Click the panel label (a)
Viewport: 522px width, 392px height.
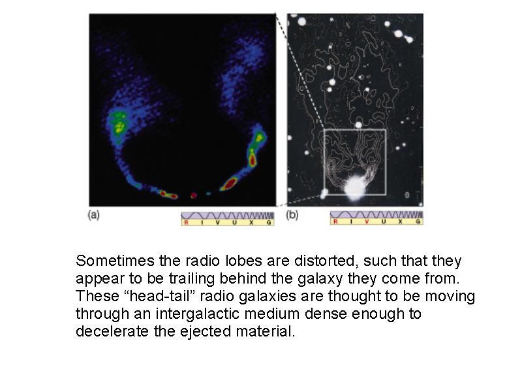coord(93,215)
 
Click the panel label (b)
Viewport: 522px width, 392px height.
coord(292,215)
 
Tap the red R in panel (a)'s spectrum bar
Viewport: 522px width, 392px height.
coord(186,222)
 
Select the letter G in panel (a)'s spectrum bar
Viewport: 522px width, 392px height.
coord(269,222)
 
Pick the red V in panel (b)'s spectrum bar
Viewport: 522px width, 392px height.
coord(367,221)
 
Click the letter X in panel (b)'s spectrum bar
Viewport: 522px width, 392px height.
coord(400,221)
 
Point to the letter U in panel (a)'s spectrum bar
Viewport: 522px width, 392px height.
coord(234,222)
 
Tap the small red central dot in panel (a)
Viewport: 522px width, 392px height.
coord(193,195)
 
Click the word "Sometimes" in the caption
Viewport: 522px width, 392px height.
coord(115,261)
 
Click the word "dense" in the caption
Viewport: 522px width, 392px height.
coord(326,314)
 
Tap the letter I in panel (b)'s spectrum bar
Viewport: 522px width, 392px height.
coord(350,221)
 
